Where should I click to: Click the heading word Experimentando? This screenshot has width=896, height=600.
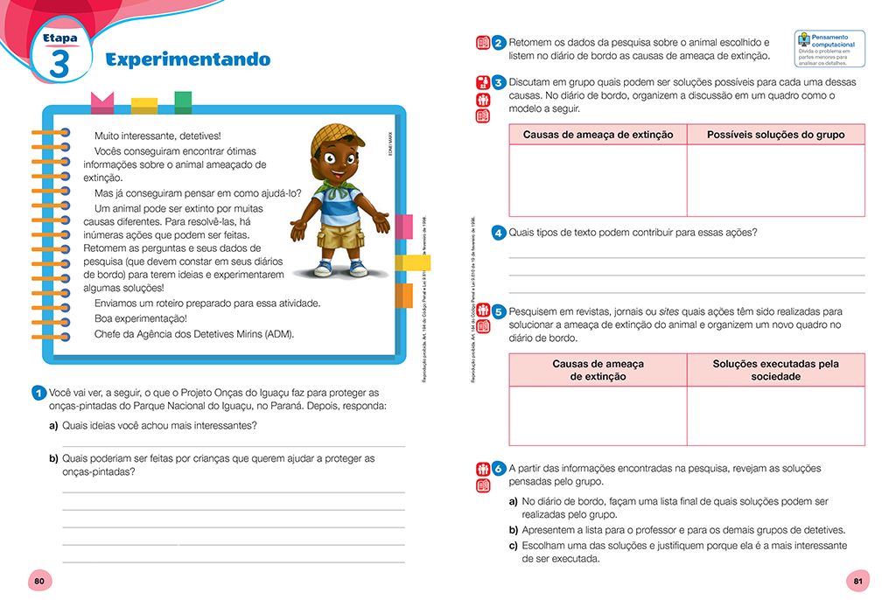pyautogui.click(x=187, y=59)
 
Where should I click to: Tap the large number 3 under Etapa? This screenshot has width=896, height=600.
pyautogui.click(x=59, y=66)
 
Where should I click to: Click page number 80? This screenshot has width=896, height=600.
pyautogui.click(x=38, y=581)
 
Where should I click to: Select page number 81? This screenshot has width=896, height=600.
pyautogui.click(x=857, y=581)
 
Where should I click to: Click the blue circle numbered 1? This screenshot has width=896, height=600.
pyautogui.click(x=38, y=393)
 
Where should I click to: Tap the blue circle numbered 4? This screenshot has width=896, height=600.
pyautogui.click(x=498, y=233)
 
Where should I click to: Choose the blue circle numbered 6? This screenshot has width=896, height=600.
pyautogui.click(x=498, y=468)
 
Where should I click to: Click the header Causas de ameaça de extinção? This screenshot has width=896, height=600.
pyautogui.click(x=598, y=135)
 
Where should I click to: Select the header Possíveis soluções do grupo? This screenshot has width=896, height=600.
pyautogui.click(x=775, y=135)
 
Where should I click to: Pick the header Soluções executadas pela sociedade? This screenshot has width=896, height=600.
pyautogui.click(x=775, y=370)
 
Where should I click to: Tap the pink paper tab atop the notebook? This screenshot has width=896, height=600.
pyautogui.click(x=102, y=103)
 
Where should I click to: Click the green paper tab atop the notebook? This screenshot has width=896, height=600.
pyautogui.click(x=183, y=101)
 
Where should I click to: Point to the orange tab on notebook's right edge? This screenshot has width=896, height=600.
pyautogui.click(x=402, y=296)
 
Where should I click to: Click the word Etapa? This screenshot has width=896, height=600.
pyautogui.click(x=59, y=38)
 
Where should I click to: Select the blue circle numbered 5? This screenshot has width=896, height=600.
pyautogui.click(x=498, y=311)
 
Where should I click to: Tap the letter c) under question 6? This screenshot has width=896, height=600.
pyautogui.click(x=513, y=546)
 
